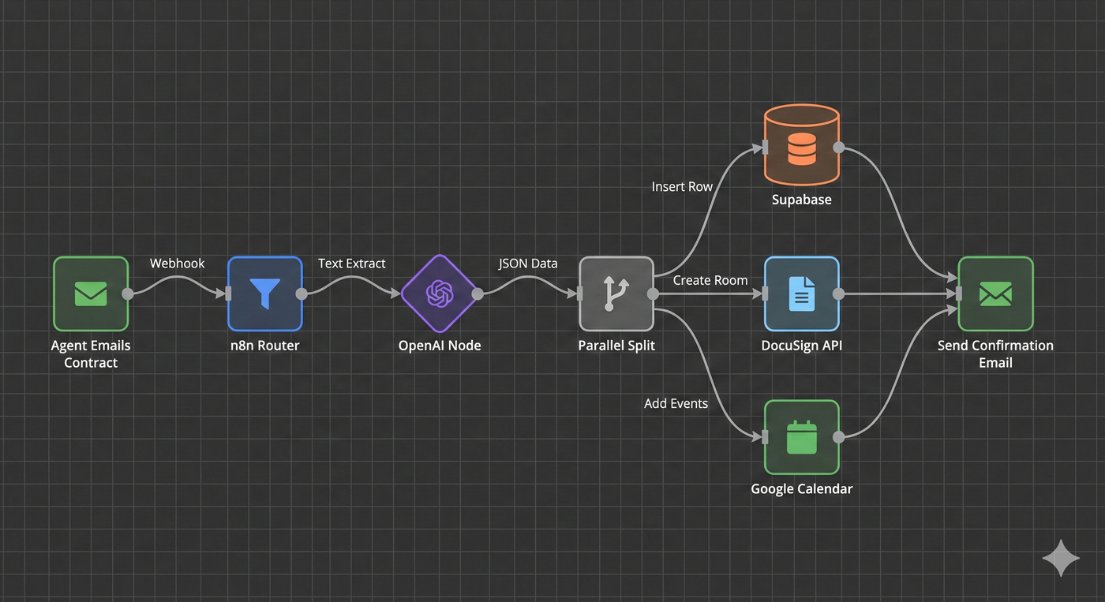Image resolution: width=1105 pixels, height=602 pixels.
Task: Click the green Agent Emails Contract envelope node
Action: [91, 294]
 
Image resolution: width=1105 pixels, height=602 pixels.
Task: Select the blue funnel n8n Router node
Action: [265, 294]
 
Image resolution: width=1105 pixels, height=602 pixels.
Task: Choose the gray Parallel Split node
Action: [616, 294]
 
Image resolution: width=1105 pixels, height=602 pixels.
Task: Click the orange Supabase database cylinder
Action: [801, 146]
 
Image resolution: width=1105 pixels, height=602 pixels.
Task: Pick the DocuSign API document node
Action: [801, 294]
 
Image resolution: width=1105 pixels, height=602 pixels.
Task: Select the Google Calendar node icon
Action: [801, 436]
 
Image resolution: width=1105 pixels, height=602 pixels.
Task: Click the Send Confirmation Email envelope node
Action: [995, 294]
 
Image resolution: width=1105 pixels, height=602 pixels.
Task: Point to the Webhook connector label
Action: [178, 264]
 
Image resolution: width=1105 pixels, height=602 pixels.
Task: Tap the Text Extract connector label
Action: [352, 264]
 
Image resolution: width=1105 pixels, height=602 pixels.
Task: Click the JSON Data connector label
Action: [528, 264]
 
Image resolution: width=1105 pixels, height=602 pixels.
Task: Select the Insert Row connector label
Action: [682, 187]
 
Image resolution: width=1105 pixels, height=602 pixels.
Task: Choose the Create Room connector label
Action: [710, 280]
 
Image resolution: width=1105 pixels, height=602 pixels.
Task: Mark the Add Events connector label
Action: [676, 403]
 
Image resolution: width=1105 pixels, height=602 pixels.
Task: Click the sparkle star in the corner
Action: [1061, 558]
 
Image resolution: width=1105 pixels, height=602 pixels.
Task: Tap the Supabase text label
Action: [801, 200]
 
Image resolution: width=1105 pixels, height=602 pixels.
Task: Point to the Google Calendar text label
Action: [801, 488]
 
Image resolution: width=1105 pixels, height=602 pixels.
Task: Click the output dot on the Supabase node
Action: [839, 147]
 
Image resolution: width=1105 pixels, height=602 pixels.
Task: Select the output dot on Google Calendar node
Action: [839, 436]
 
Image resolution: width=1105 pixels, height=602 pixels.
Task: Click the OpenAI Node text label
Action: [440, 346]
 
